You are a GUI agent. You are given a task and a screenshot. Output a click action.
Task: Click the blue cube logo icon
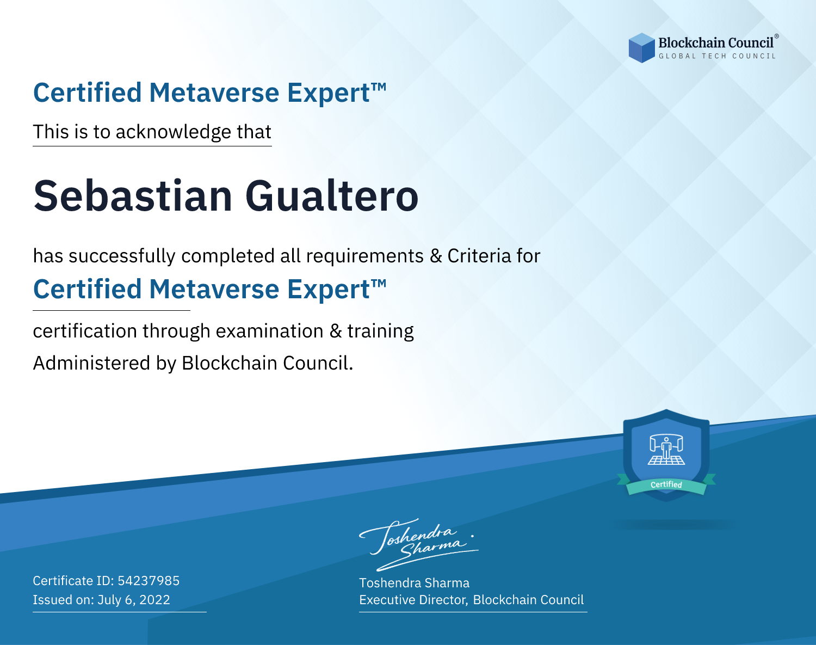(x=641, y=48)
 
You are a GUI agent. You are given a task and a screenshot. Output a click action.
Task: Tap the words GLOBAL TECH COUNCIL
(x=718, y=56)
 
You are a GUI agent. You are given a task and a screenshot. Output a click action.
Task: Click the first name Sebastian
(x=133, y=196)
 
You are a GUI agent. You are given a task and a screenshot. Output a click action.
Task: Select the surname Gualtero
(x=332, y=196)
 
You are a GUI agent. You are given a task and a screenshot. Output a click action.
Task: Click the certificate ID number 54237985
(x=149, y=580)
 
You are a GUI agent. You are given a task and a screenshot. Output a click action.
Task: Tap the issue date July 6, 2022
(x=134, y=600)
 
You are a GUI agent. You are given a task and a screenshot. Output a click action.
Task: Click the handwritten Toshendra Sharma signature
(x=419, y=544)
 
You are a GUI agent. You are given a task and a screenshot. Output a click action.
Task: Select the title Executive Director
(x=412, y=600)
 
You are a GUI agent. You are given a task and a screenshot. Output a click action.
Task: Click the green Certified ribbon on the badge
(x=666, y=484)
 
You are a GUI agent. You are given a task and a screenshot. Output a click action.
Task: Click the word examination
(x=269, y=331)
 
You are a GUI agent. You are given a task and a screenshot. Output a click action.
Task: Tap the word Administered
(x=92, y=363)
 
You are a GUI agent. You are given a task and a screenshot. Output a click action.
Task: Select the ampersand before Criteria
(x=436, y=256)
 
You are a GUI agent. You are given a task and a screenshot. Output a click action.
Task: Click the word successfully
(x=122, y=256)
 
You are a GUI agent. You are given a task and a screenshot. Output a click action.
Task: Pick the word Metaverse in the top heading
(x=214, y=93)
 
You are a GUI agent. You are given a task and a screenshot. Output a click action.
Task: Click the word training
(x=380, y=331)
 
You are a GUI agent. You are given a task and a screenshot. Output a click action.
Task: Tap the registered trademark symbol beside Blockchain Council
(x=776, y=36)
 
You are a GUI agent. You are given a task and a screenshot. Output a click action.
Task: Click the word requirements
(x=364, y=256)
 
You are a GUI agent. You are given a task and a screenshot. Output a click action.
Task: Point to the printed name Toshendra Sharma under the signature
(x=414, y=583)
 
